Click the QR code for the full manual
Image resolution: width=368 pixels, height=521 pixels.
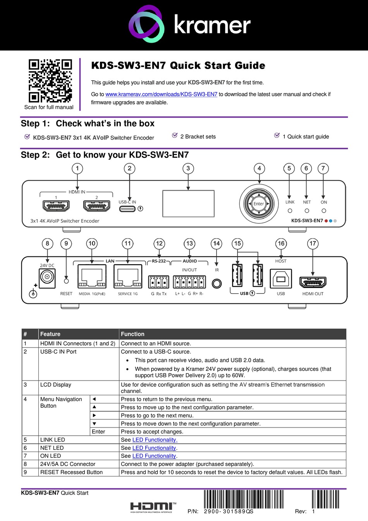50,81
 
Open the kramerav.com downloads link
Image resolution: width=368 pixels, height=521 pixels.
161,94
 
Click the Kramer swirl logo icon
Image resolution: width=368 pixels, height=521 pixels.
146,24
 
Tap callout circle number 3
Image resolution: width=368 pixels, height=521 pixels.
188,168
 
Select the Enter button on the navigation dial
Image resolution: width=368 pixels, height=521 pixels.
259,204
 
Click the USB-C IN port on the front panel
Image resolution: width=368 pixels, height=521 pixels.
127,209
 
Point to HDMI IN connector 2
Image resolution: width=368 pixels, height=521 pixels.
97,206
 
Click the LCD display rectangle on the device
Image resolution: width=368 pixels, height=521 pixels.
188,204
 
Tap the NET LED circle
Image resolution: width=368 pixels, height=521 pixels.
307,211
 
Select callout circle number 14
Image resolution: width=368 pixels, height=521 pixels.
217,244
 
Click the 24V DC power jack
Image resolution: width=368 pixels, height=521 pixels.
47,277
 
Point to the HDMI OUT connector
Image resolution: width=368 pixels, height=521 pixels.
313,282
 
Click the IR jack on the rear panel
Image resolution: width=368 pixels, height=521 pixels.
217,284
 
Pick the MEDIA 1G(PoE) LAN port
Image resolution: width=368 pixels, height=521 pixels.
92,277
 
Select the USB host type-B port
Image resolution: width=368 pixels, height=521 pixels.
281,279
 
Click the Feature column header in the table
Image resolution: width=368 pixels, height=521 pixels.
50,334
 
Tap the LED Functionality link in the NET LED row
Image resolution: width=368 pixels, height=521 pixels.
154,448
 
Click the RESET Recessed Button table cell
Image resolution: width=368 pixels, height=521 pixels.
71,472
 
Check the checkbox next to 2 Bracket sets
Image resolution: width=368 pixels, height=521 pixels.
175,135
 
